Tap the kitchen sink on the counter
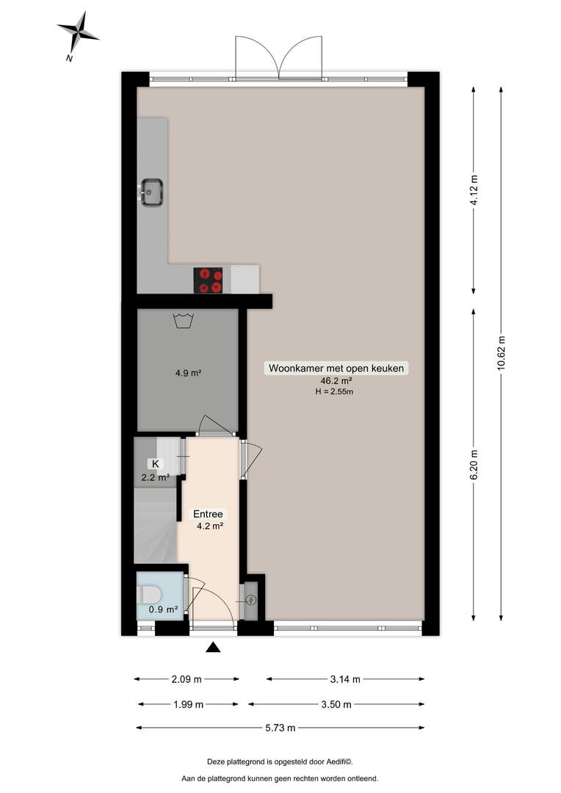point(151,192)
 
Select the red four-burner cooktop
point(208,280)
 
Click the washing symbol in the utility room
point(183,321)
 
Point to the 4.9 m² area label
point(188,373)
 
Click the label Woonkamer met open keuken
point(336,368)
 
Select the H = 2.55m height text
point(334,391)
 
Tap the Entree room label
point(208,514)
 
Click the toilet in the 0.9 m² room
point(149,594)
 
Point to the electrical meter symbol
point(251,601)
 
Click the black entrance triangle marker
point(213,648)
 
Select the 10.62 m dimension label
point(501,353)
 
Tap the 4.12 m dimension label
point(474,189)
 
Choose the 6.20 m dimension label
point(474,465)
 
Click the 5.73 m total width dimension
point(280,728)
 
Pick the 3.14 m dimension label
point(345,679)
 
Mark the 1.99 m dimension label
point(188,704)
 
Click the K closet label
point(155,464)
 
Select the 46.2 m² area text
point(336,381)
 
